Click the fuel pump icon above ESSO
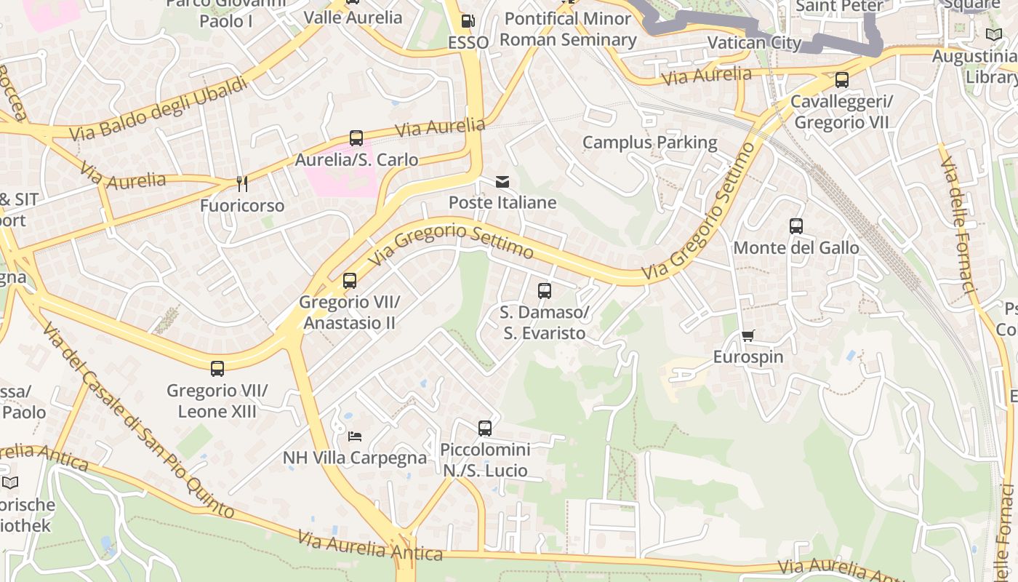coord(468,22)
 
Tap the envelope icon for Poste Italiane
coord(502,182)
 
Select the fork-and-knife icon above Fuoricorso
coord(242,184)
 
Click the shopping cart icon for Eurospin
coord(748,335)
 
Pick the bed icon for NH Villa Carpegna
coord(355,436)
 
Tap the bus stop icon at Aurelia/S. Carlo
coord(356,137)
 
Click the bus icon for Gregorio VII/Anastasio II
coord(350,280)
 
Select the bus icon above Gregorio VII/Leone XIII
coord(217,368)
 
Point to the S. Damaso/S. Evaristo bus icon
coord(545,291)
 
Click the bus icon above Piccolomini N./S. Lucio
coord(485,428)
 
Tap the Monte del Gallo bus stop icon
coord(796,226)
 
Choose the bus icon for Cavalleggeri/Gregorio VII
coord(842,80)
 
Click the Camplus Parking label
coord(649,143)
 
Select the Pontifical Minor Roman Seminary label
coord(568,29)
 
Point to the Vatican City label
coord(754,43)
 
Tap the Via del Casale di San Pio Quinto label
coord(137,422)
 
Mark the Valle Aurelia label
coord(353,17)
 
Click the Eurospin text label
coord(748,357)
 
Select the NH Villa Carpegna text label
coord(355,458)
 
